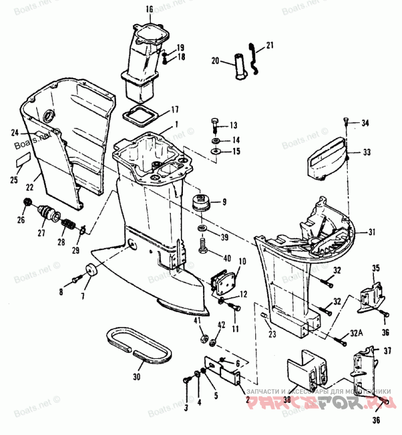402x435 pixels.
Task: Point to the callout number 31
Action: pos(372,232)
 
